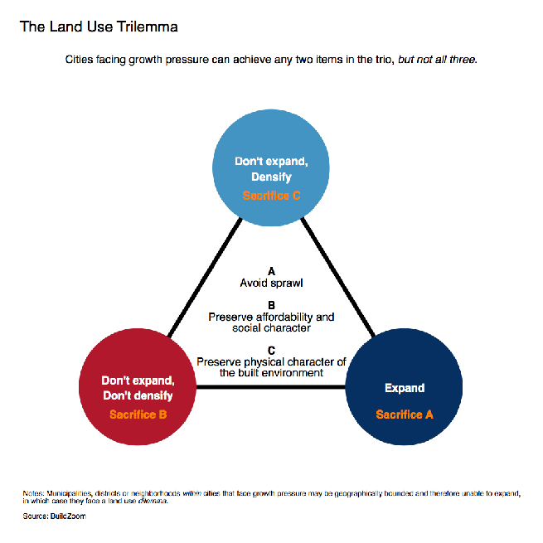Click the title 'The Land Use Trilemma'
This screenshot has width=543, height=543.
pos(99,27)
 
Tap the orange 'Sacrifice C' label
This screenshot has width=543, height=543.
pos(271,196)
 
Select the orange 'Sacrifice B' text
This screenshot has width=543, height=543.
pos(138,415)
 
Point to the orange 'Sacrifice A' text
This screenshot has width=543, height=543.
pos(405,415)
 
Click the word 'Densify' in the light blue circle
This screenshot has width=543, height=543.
pos(272,177)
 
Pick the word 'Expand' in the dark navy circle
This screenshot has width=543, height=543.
pos(405,388)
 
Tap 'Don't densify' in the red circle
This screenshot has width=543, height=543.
pos(138,395)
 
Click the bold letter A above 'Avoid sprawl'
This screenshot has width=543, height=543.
pos(272,271)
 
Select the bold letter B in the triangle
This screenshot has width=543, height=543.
pos(272,305)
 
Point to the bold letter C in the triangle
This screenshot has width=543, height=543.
pos(272,351)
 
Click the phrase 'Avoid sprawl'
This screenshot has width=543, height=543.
pos(272,284)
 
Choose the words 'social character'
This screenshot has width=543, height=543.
pos(272,328)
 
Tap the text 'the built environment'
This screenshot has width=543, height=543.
pos(272,373)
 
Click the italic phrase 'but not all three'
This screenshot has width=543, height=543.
pos(437,60)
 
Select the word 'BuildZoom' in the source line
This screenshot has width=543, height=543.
pos(68,516)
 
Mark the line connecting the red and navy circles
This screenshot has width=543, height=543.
pos(271,387)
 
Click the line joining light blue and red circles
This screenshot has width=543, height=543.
pos(205,277)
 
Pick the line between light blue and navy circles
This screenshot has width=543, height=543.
pos(338,277)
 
